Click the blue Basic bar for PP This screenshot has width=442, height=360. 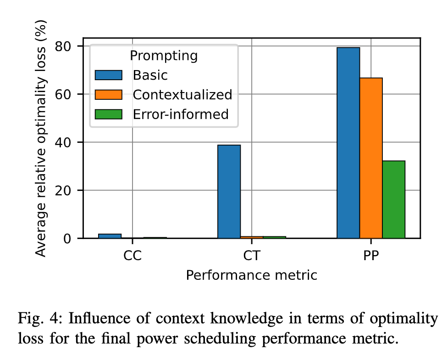pos(348,143)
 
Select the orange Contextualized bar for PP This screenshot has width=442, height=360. pos(371,158)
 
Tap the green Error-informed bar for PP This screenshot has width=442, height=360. pos(394,199)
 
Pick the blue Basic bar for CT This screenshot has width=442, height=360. pos(229,191)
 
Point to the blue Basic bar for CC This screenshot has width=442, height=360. pos(110,236)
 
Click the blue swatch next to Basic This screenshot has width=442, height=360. pos(108,75)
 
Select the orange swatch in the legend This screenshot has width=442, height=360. pos(108,94)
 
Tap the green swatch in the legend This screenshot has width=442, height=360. pos(108,114)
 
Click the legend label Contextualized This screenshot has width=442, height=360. pos(182,94)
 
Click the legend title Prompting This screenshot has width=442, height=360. pos(164,56)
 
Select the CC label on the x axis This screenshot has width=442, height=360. pos(133,256)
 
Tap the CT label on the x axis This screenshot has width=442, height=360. pos(252,256)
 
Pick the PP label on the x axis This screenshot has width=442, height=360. pos(371,256)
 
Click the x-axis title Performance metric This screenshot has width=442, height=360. pos(251,276)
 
